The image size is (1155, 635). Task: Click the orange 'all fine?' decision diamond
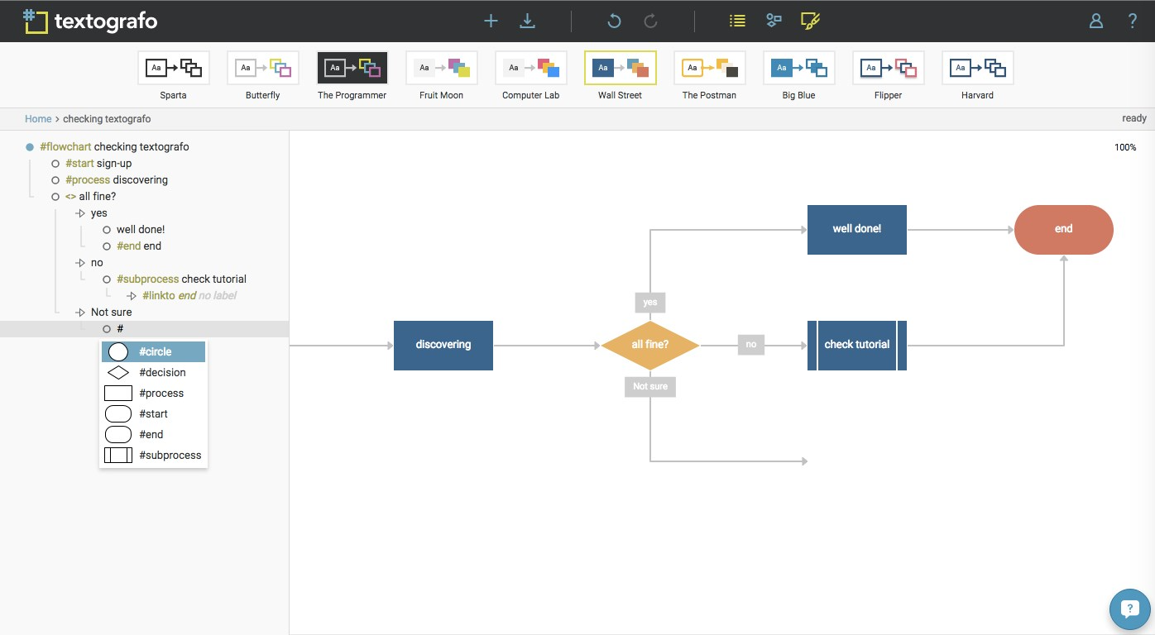point(650,345)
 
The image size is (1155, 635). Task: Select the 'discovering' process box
point(443,345)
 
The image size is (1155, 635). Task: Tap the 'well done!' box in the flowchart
point(857,229)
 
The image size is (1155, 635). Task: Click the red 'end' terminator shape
point(1063,229)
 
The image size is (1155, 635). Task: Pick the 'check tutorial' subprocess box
point(857,345)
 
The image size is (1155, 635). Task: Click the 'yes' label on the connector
point(650,303)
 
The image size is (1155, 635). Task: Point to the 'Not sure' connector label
point(650,386)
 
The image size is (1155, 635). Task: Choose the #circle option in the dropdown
point(153,352)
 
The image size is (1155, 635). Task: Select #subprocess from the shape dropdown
point(153,456)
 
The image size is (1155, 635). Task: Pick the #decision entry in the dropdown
point(153,373)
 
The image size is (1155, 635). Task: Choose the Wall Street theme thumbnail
point(621,68)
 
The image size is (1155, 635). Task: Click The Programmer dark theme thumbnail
point(352,68)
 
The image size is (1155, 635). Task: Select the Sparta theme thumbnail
point(174,68)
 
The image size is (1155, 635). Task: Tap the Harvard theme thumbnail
point(977,68)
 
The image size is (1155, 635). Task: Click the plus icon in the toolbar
point(491,21)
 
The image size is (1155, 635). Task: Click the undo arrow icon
point(614,21)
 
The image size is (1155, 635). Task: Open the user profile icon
point(1096,21)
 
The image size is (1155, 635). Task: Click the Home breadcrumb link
point(38,119)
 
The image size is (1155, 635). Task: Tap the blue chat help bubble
point(1129,610)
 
